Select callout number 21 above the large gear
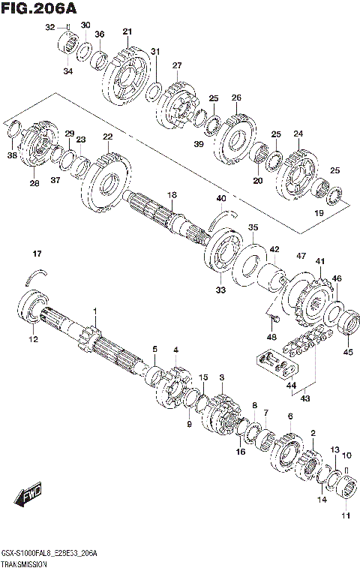pos(127,31)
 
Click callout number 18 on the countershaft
pos(172,195)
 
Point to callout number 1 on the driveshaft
pos(95,311)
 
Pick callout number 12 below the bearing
pos(32,340)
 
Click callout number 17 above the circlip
pos(37,251)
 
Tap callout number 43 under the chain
pos(304,398)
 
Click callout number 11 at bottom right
pos(346,515)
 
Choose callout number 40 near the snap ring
pos(220,198)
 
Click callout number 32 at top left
pos(49,27)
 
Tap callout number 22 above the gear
pos(108,137)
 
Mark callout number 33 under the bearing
pos(220,289)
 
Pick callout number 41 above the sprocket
pos(319,261)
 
